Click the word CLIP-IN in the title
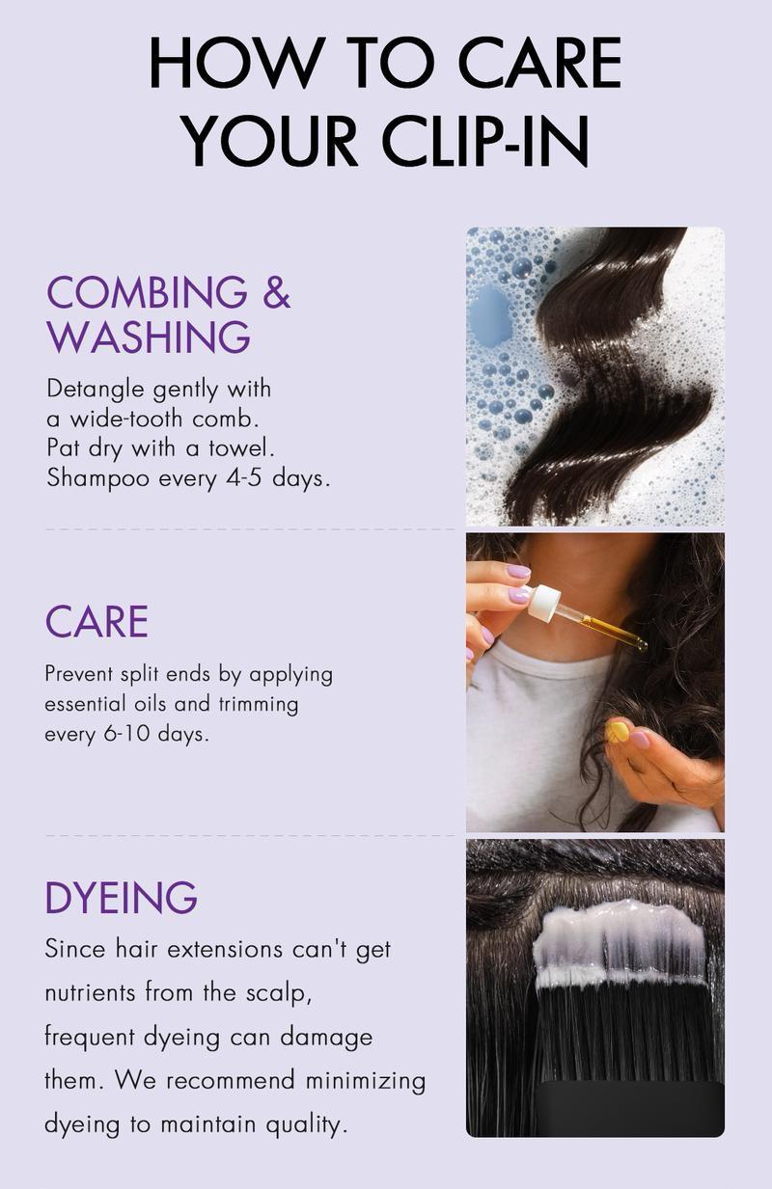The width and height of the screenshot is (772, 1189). click(484, 140)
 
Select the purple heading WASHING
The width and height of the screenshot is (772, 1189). click(149, 337)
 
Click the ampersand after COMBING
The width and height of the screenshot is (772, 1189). click(277, 291)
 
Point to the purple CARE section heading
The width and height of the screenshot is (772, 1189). click(96, 622)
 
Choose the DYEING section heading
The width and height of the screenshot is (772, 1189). click(122, 897)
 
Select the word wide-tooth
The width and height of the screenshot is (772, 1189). click(126, 419)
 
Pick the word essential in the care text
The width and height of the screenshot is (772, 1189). click(86, 704)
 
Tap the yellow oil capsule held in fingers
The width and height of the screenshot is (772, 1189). click(618, 732)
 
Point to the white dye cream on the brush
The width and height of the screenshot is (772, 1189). click(620, 941)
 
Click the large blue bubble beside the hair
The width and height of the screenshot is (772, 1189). click(490, 315)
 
